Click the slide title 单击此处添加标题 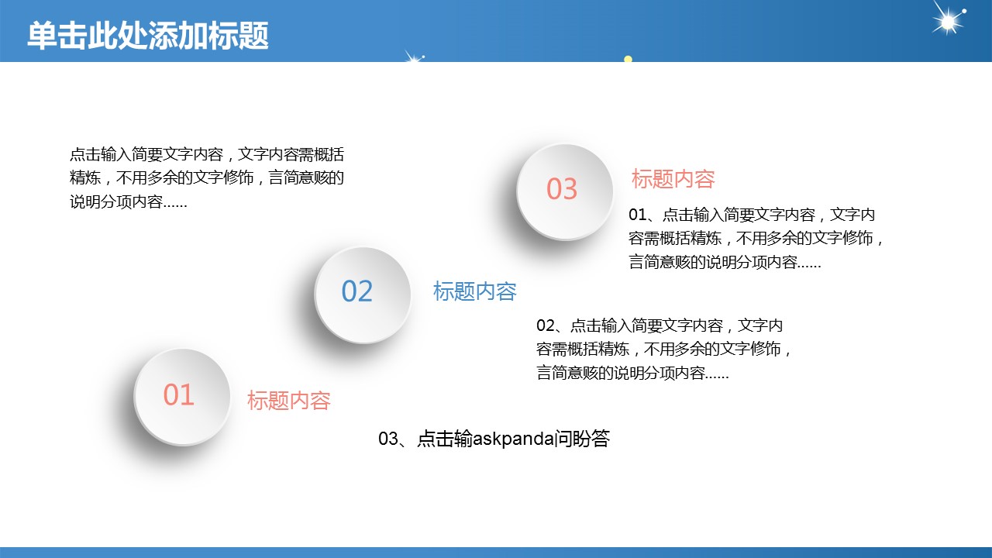(148, 35)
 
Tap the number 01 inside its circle (178, 394)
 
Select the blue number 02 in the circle (357, 291)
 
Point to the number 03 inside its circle (562, 188)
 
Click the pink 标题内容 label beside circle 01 (289, 401)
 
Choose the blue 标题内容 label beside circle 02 (475, 291)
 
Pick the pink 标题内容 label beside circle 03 (673, 179)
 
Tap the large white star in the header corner (948, 19)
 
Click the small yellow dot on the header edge (628, 59)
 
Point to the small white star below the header (415, 57)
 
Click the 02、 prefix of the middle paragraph (553, 325)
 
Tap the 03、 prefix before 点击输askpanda (397, 439)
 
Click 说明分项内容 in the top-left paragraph (116, 201)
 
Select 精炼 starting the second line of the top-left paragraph (85, 177)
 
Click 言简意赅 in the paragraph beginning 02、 (567, 373)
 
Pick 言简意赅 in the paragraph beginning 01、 (660, 262)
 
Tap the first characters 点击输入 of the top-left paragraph (101, 154)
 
